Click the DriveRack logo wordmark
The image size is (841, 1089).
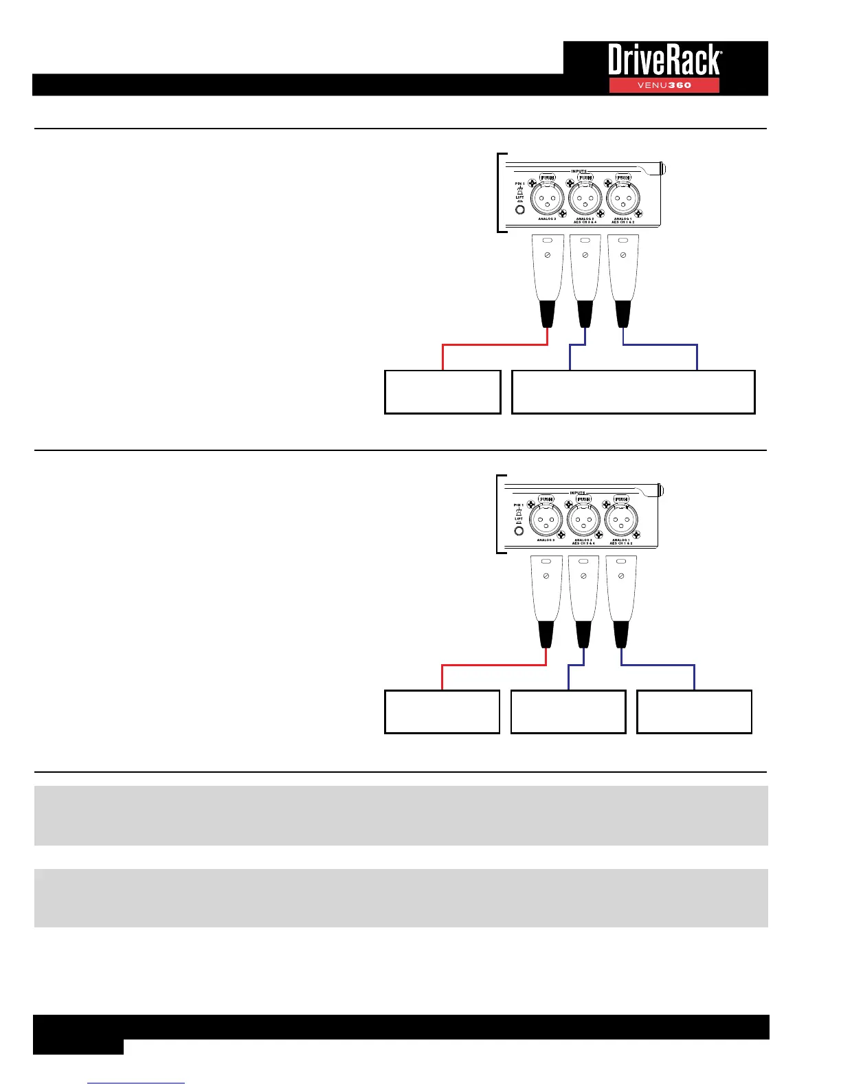point(664,60)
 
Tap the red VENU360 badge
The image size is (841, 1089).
point(664,85)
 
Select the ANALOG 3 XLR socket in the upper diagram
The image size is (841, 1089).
point(547,200)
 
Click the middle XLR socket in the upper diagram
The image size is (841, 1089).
point(585,200)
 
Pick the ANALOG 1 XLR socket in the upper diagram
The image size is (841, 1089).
point(623,200)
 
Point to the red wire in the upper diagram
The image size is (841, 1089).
point(495,345)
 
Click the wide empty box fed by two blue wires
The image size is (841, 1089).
point(633,392)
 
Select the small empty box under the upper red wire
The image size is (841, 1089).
point(442,392)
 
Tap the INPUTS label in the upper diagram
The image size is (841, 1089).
point(579,172)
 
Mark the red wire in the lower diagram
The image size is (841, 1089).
point(493,665)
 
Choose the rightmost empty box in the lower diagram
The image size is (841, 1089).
point(694,712)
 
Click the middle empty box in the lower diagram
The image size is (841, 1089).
point(568,712)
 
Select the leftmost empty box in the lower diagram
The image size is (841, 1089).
point(442,712)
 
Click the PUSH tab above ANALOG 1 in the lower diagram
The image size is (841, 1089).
point(621,499)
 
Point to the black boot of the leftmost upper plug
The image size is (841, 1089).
point(548,313)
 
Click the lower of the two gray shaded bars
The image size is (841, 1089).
point(401,898)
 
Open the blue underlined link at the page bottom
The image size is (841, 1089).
point(136,1083)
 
